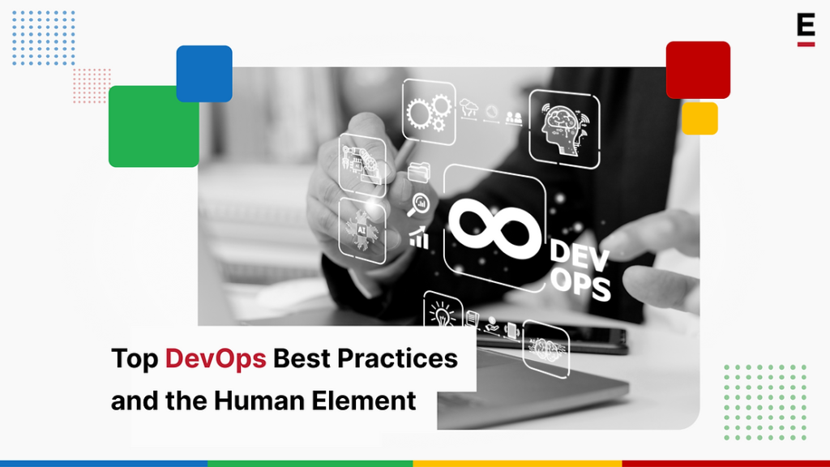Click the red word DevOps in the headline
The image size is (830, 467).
(x=216, y=358)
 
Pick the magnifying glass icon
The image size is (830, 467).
(x=421, y=204)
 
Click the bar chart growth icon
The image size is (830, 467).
(x=419, y=237)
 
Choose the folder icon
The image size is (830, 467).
(x=420, y=171)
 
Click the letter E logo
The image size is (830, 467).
(x=805, y=28)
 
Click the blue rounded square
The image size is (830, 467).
(x=204, y=73)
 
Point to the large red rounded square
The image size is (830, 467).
(x=698, y=70)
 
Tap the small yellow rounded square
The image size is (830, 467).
(x=700, y=118)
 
